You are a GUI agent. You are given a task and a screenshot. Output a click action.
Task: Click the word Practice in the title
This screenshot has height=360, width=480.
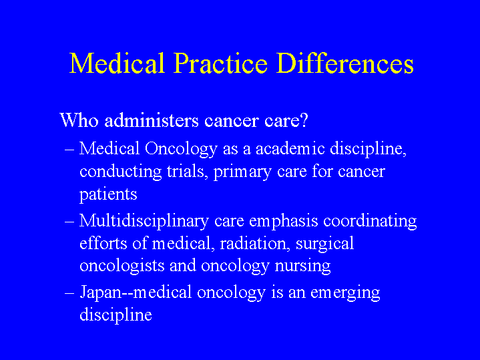click(x=221, y=63)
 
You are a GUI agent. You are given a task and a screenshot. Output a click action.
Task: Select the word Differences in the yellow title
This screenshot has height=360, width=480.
click(x=345, y=63)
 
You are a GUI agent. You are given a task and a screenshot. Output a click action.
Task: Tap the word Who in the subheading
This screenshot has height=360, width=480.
click(x=79, y=120)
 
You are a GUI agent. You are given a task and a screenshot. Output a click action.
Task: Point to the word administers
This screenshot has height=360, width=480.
click(x=152, y=120)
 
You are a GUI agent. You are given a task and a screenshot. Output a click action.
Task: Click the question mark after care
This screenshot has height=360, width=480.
click(x=304, y=120)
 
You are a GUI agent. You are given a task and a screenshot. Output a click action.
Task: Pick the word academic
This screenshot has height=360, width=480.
click(x=290, y=148)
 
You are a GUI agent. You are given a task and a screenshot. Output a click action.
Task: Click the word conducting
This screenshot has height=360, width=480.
click(x=120, y=172)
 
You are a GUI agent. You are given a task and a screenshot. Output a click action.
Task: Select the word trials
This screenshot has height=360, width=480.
click(x=186, y=171)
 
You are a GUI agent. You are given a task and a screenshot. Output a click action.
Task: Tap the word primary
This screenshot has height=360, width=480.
click(x=242, y=172)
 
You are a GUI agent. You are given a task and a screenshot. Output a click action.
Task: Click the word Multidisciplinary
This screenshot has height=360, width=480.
click(x=144, y=221)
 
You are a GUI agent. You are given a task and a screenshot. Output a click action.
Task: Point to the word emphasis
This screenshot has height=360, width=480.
click(x=284, y=221)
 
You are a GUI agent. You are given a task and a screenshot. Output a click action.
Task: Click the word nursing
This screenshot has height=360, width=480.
click(x=302, y=266)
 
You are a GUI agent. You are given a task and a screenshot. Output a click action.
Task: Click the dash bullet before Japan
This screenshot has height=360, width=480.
click(x=69, y=293)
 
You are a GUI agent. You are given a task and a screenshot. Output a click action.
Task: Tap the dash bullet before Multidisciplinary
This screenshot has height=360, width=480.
click(x=69, y=222)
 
